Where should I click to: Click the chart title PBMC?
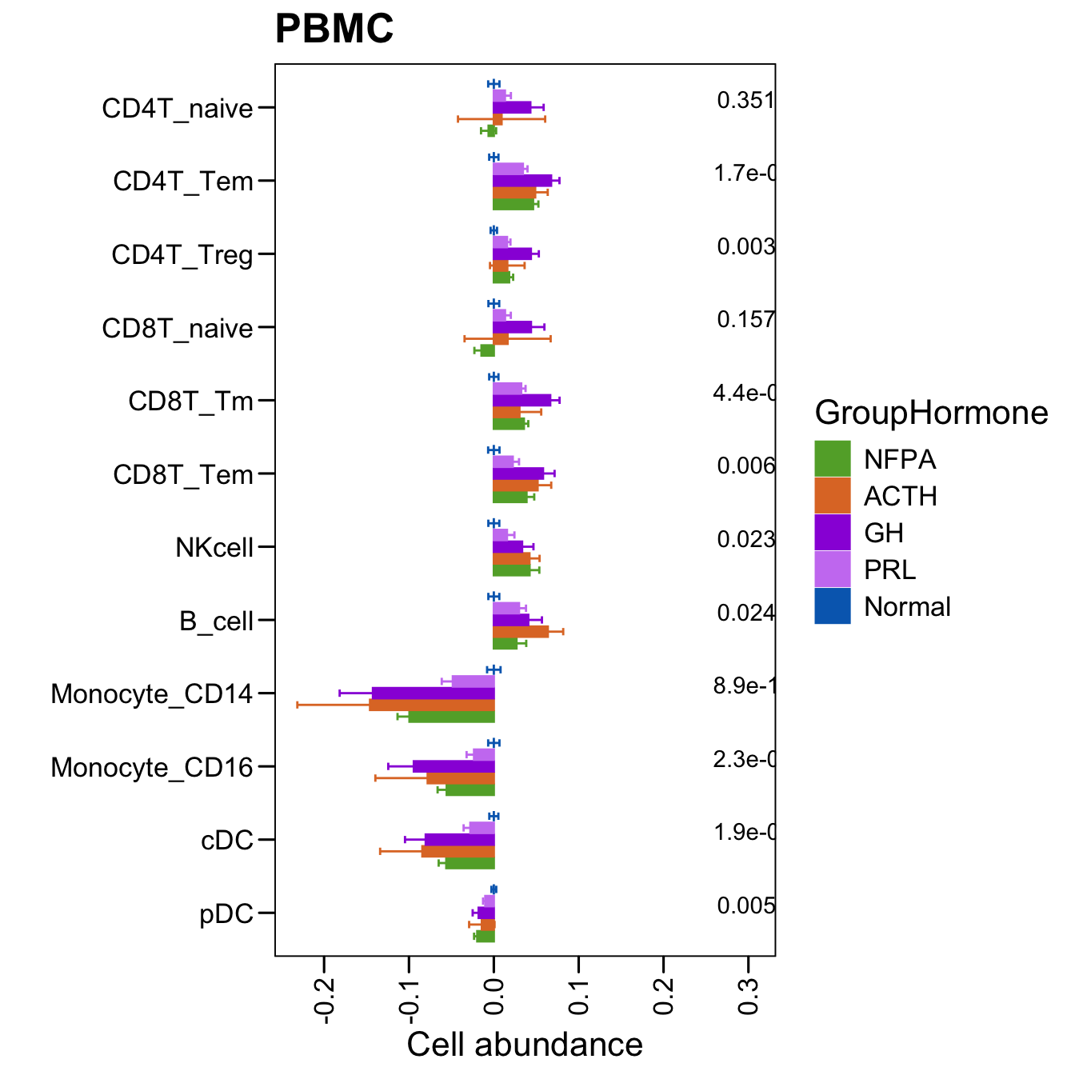[x=334, y=30]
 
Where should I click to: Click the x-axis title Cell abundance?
[x=525, y=1045]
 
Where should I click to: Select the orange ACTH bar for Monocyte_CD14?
[x=432, y=705]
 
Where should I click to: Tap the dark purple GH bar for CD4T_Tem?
[x=522, y=181]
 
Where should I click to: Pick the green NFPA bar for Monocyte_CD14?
[x=451, y=717]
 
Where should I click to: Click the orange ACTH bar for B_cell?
[x=521, y=632]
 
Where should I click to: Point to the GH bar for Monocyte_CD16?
[x=454, y=766]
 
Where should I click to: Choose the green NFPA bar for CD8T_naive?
[x=487, y=350]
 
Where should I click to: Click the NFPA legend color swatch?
[x=833, y=459]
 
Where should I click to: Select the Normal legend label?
[x=907, y=607]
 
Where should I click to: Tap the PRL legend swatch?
[x=833, y=569]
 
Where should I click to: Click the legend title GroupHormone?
[x=931, y=414]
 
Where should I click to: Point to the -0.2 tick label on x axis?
[x=324, y=1000]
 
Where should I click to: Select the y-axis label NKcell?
[x=214, y=548]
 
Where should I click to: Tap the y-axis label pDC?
[x=226, y=913]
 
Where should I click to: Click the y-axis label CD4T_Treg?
[x=182, y=255]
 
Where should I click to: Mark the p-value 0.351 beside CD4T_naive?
[x=745, y=101]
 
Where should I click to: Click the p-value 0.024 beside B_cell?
[x=745, y=613]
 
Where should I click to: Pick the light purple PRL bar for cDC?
[x=482, y=828]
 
